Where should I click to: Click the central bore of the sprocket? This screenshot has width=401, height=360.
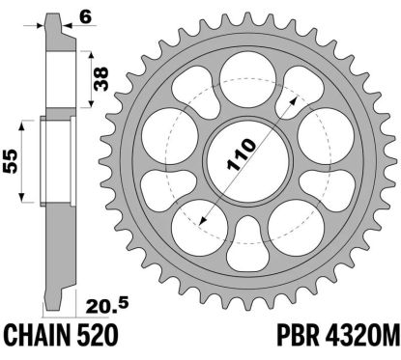(247, 159)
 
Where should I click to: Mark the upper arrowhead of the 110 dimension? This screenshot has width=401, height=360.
(286, 99)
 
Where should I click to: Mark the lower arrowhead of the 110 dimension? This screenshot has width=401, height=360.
(199, 222)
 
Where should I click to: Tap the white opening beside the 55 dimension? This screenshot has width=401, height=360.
(55, 160)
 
